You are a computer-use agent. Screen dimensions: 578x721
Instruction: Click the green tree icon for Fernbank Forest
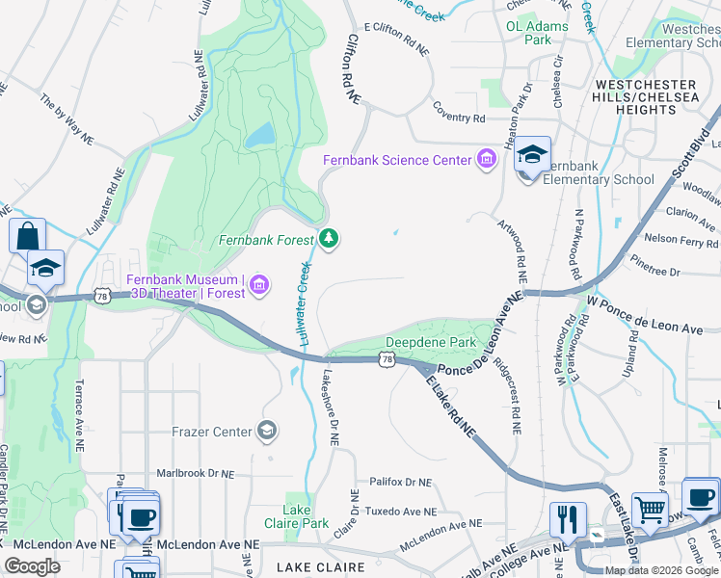[330, 237]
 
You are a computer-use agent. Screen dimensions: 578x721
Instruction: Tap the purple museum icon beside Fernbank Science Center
[486, 159]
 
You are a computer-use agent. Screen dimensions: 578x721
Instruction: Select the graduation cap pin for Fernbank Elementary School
[532, 155]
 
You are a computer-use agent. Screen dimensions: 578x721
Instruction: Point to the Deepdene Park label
[431, 342]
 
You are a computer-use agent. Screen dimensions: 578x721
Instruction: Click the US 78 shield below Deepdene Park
[387, 359]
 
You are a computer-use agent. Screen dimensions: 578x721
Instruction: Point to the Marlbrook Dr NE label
[196, 474]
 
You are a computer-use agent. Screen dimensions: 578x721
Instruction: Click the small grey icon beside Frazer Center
[269, 431]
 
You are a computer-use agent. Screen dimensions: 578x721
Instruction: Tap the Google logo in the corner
[33, 566]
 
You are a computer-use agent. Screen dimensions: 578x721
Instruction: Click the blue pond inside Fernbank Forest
[259, 137]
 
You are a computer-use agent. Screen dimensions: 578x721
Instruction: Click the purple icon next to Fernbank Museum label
[259, 284]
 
